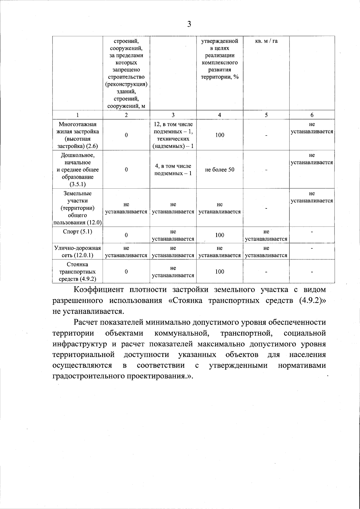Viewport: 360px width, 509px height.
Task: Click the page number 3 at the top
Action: [189, 24]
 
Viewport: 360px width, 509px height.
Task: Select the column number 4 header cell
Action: [220, 115]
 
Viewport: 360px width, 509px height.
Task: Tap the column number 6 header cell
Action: [312, 115]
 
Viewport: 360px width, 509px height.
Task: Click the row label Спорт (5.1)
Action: [78, 232]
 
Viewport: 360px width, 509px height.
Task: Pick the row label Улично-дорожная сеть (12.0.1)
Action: [78, 252]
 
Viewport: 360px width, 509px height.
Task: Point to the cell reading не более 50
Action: [220, 170]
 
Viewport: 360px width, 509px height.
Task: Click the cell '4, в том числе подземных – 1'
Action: [173, 170]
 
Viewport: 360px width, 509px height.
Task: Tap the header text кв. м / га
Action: [266, 41]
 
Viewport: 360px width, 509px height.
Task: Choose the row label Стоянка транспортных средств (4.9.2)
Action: [78, 272]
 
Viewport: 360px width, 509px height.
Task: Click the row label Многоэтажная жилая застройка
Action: [78, 135]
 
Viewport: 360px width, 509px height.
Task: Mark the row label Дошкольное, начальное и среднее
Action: [78, 170]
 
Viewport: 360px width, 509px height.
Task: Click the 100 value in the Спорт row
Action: [220, 235]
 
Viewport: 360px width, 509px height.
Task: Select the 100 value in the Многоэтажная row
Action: [220, 135]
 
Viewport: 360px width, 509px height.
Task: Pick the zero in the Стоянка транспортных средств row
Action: [126, 272]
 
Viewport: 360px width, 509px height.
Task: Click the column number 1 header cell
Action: [78, 115]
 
